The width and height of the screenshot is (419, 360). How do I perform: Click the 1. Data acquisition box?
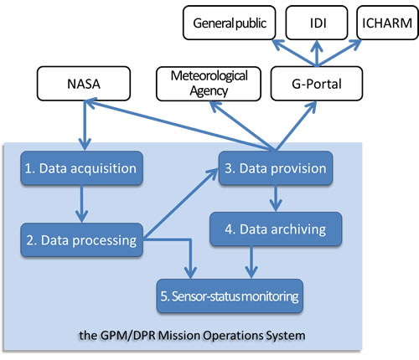[80, 167]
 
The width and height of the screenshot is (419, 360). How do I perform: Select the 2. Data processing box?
[80, 240]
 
